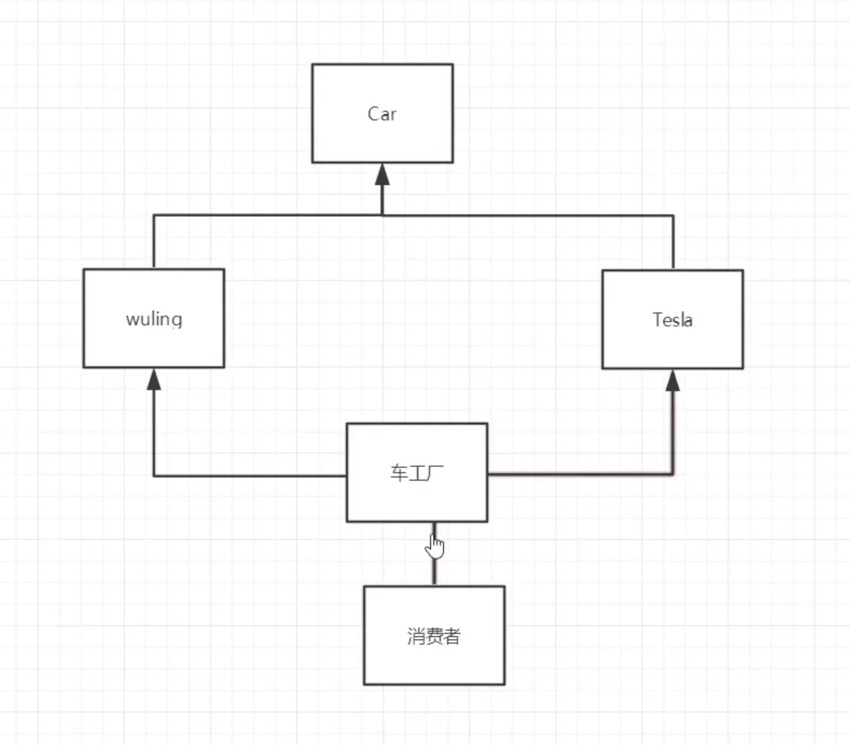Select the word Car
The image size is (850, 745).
pyautogui.click(x=382, y=114)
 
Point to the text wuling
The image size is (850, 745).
pyautogui.click(x=154, y=319)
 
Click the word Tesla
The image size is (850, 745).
pyautogui.click(x=672, y=319)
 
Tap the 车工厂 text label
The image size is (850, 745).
pyautogui.click(x=416, y=473)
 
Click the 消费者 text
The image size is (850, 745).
pyautogui.click(x=434, y=636)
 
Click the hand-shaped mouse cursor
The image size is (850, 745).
pyautogui.click(x=434, y=547)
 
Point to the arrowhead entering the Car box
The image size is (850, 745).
pyautogui.click(x=382, y=174)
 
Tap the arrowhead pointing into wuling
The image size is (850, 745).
pyautogui.click(x=154, y=379)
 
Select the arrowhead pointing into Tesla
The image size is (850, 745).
pyautogui.click(x=672, y=380)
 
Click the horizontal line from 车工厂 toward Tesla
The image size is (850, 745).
pyautogui.click(x=575, y=474)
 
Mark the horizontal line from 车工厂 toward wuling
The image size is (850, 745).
pyautogui.click(x=252, y=475)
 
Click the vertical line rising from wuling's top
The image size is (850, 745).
pyautogui.click(x=154, y=242)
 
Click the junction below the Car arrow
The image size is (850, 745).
pyautogui.click(x=382, y=214)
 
